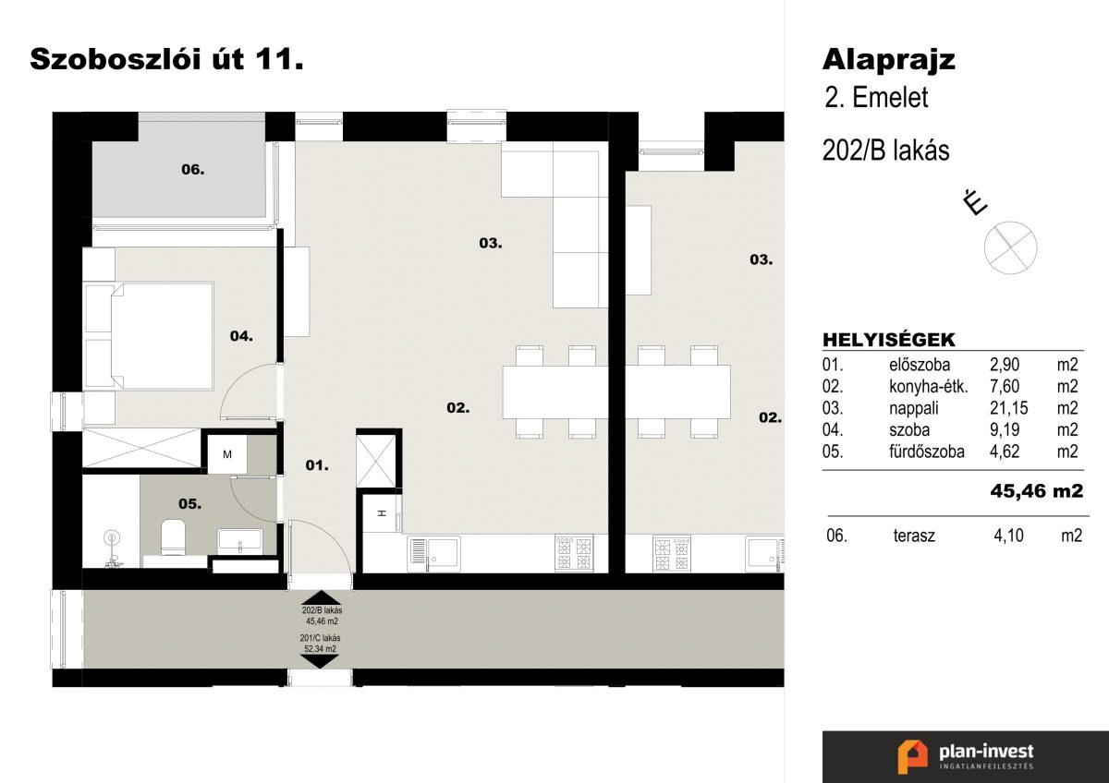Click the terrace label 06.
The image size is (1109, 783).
192,170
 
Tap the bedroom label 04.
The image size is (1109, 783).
241,336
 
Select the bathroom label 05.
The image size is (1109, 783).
189,504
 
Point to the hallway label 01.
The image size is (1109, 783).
317,465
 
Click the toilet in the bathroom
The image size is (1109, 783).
174,536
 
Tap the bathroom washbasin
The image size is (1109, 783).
240,540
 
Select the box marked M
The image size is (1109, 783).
227,454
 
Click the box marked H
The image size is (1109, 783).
382,513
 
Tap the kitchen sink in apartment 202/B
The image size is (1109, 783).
434,553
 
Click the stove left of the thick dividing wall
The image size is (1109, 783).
574,553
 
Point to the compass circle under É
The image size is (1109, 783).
1010,247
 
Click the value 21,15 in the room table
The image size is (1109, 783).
1009,408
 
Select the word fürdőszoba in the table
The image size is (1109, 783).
927,452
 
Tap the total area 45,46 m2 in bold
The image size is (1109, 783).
1037,491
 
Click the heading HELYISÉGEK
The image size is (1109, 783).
889,341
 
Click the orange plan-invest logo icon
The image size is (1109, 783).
912,757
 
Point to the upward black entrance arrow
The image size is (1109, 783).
322,597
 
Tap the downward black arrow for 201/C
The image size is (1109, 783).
320,662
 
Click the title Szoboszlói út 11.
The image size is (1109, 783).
166,60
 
